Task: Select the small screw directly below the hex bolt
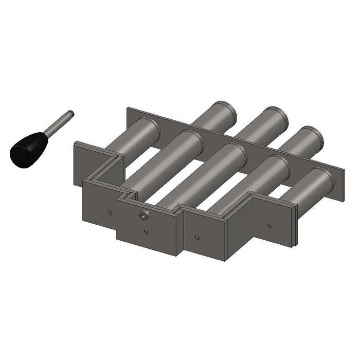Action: (146, 232)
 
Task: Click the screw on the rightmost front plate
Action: (269, 224)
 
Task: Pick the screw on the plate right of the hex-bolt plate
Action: (197, 238)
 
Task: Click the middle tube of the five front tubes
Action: (206, 175)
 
